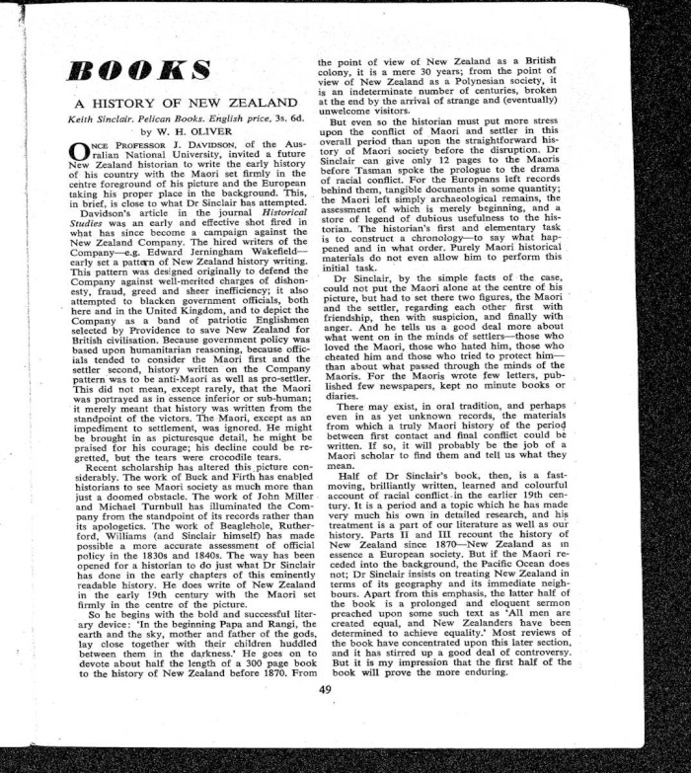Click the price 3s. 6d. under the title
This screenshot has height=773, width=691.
(x=274, y=116)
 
